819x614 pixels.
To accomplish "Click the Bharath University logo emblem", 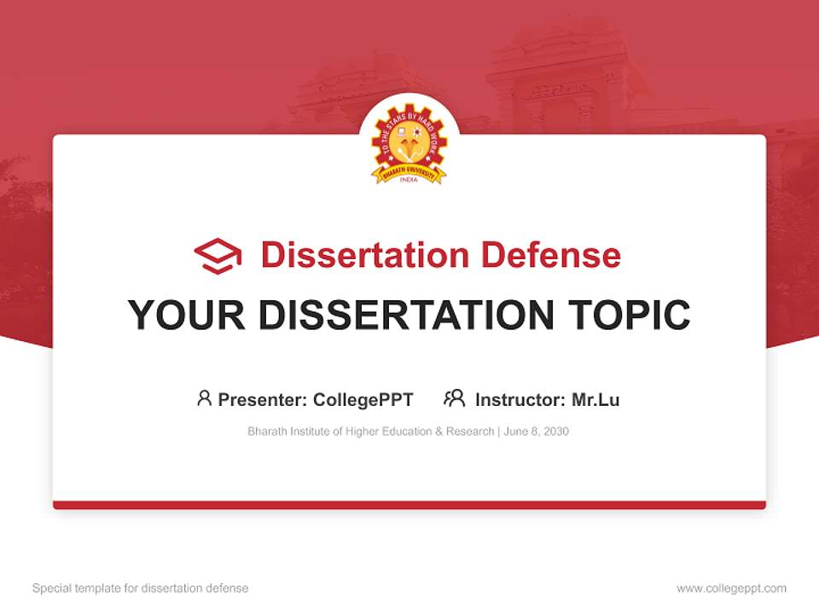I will pos(409,145).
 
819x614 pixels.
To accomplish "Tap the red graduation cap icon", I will pos(218,256).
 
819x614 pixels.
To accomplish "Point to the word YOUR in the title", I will pos(187,316).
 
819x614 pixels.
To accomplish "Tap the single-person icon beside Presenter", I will pos(204,398).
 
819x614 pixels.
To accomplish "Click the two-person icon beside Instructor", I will pos(454,398).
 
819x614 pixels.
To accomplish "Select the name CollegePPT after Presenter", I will pos(363,400).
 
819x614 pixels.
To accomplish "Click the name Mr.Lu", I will pos(595,400).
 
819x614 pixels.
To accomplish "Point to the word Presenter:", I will pos(263,400).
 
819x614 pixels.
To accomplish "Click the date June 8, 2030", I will pos(537,432).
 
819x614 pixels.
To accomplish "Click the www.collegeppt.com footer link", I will pos(731,588).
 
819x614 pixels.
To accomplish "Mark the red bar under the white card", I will pos(409,505).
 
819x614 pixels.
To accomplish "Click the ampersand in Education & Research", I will pos(440,432).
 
